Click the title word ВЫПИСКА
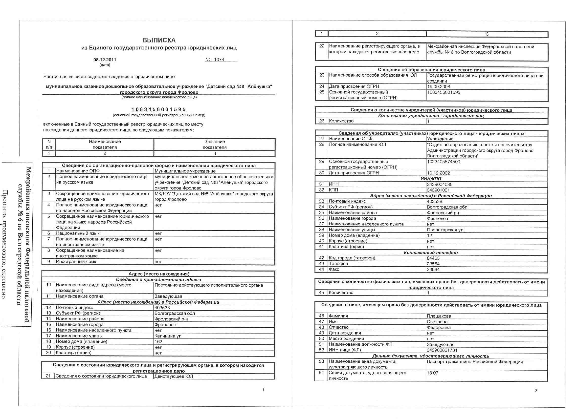159,40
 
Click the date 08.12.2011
105,60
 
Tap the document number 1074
219,60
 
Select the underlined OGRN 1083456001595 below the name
159,109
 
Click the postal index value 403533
162,308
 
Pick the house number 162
158,341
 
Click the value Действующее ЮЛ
174,376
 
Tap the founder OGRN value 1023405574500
444,162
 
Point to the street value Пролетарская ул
445,230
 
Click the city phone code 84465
433,258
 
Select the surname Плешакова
439,316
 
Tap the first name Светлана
437,322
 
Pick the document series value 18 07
432,373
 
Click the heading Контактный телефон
431,253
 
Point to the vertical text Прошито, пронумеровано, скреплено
5,245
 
